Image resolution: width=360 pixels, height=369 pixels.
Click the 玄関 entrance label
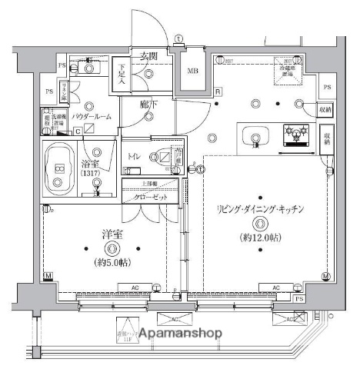[149, 56]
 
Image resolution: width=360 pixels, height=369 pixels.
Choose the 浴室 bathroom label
[92, 163]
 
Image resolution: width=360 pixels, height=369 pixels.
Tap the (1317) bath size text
[93, 175]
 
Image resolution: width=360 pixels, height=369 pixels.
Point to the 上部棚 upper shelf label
[150, 184]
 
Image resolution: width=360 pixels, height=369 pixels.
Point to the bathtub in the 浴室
[60, 166]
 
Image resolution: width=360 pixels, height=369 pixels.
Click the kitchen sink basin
[255, 138]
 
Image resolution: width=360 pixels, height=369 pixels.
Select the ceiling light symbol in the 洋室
[113, 248]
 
